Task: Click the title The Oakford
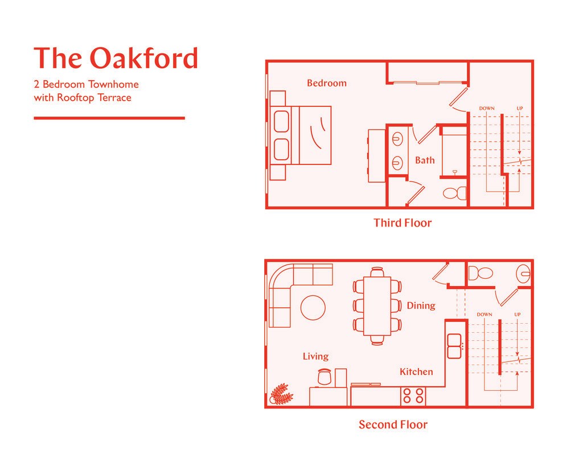click(x=116, y=58)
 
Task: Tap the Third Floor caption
click(x=403, y=222)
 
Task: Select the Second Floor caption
click(x=393, y=424)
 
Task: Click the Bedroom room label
click(x=326, y=83)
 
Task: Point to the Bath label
click(x=424, y=160)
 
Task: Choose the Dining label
click(x=421, y=305)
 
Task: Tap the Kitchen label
click(x=416, y=371)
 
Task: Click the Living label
click(x=315, y=356)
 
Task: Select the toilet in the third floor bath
click(x=454, y=193)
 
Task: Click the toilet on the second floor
click(x=481, y=274)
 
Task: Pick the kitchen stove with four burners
click(x=413, y=395)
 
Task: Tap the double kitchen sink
click(x=454, y=346)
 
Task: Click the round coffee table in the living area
click(x=313, y=308)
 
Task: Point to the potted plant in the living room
click(x=281, y=393)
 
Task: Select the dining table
click(x=377, y=305)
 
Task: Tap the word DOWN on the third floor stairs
click(x=486, y=108)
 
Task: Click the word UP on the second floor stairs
click(x=517, y=314)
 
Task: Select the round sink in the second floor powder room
click(x=524, y=274)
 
